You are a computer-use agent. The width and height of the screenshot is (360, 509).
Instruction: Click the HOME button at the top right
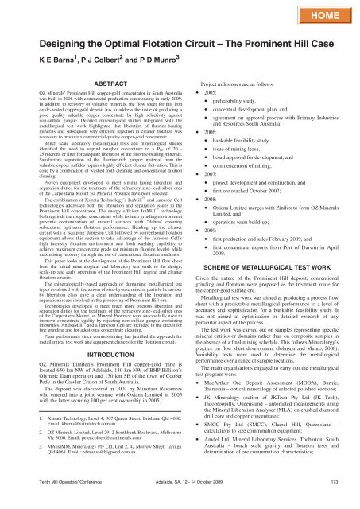(x=323, y=15)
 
